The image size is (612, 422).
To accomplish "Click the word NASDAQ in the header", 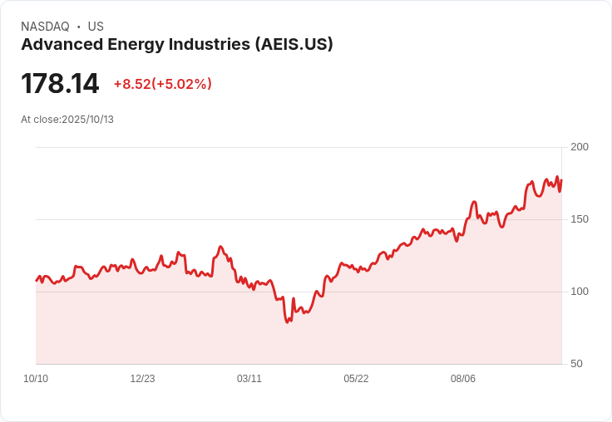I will (x=45, y=27).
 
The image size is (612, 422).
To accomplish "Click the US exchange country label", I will (x=96, y=27).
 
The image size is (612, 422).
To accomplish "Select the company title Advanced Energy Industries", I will (x=134, y=45).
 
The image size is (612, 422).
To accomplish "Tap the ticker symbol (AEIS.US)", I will (x=294, y=45).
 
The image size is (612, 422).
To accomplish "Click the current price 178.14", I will (x=60, y=84).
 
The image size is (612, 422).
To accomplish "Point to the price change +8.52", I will (x=131, y=84).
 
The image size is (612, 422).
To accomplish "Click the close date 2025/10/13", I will (x=87, y=120).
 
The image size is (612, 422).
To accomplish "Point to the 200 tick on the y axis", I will (x=580, y=147).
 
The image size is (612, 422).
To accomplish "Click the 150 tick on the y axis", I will (x=580, y=219).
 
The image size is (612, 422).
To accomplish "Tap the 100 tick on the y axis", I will (x=580, y=292).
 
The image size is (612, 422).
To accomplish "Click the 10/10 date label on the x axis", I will (x=36, y=379).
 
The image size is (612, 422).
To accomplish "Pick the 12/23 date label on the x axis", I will (x=142, y=379).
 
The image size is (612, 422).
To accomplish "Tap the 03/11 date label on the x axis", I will (x=249, y=379).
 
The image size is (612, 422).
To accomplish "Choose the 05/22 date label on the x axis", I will (x=356, y=379).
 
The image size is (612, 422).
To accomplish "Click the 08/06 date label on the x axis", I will (x=463, y=379).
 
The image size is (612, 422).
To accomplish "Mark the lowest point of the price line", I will (x=288, y=322).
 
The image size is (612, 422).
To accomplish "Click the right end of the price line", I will (x=561, y=180).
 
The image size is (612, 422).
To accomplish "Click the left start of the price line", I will (x=36, y=280).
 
